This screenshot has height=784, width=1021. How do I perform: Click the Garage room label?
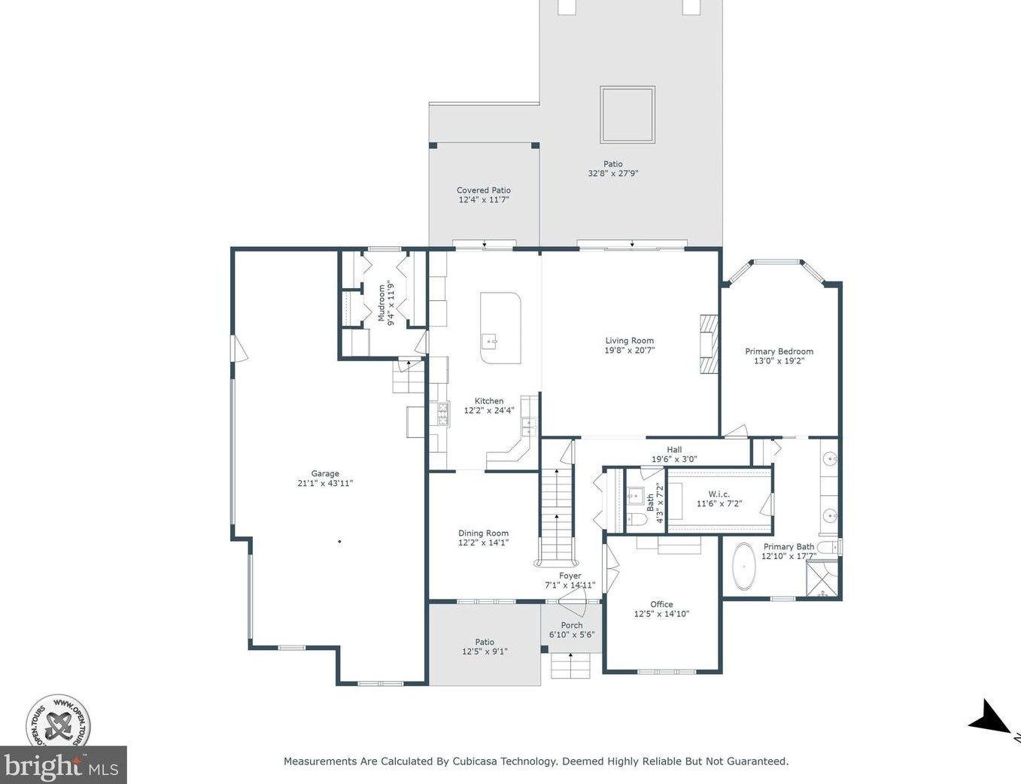[x=325, y=473]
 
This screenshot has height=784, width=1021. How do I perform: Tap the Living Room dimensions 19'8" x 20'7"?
[x=629, y=350]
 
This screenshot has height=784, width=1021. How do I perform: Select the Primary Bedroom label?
[x=779, y=351]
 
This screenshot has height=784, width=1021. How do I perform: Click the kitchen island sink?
[x=490, y=340]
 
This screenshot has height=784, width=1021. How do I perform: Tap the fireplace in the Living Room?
[x=709, y=345]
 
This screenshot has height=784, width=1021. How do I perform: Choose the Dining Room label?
[x=484, y=533]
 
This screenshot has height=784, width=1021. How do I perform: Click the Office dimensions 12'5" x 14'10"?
[x=661, y=613]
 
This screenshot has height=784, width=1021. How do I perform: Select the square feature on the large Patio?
[x=627, y=114]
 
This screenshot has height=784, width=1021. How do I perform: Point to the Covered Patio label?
[x=484, y=190]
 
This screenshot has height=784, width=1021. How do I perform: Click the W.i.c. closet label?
[x=719, y=494]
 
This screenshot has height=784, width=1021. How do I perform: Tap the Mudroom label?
[x=382, y=303]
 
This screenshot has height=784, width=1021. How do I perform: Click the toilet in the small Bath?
[x=637, y=519]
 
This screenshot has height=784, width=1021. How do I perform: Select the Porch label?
[x=572, y=625]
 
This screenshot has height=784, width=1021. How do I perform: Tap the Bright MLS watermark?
[x=63, y=765]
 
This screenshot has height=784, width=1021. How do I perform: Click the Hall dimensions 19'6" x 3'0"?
[x=674, y=459]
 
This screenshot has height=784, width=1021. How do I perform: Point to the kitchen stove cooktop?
[x=443, y=415]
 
